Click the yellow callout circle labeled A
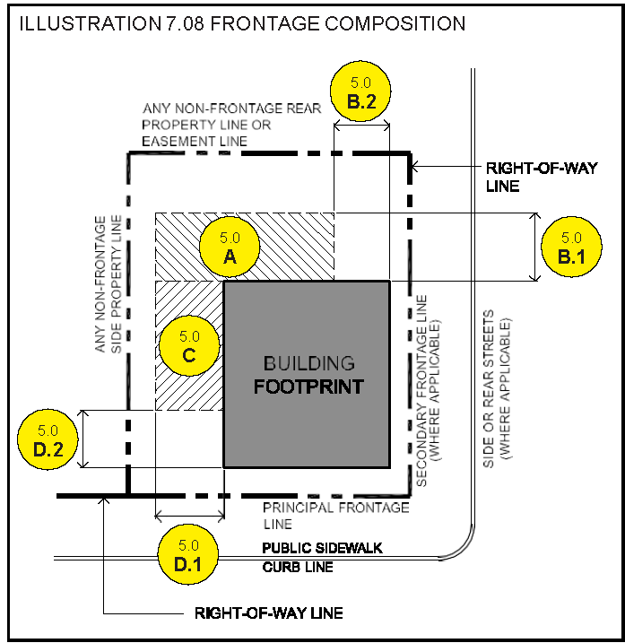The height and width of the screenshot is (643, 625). point(230,247)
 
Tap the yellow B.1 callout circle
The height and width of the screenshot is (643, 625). point(572,247)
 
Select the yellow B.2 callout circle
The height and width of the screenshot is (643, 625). point(360,91)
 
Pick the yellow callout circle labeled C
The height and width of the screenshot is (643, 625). point(189,345)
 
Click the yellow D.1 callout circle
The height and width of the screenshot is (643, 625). point(188,554)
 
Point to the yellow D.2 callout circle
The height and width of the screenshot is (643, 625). point(48,439)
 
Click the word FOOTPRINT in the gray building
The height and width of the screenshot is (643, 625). point(308,387)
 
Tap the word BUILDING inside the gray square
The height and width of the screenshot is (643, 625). point(308,363)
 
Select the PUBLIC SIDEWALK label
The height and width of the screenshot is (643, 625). point(322,548)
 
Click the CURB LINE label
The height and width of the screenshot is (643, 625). point(298,567)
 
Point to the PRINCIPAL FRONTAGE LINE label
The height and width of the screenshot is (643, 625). point(336,516)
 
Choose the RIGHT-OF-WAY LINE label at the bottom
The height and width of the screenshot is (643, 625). point(269,613)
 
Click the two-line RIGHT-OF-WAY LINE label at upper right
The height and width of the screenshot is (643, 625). point(542,178)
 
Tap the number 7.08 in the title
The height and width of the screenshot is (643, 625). point(185,23)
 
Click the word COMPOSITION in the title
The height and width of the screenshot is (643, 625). point(395,23)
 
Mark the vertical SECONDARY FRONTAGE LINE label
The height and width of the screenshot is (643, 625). point(428,390)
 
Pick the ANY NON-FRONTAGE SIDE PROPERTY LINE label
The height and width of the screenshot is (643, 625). point(109,283)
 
